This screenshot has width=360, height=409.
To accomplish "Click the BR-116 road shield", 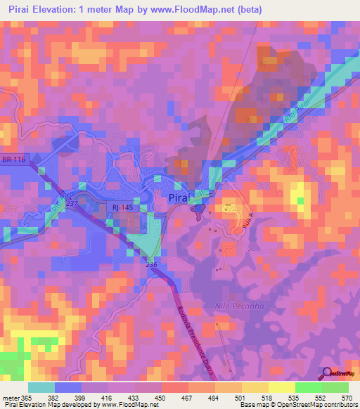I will point(13,161).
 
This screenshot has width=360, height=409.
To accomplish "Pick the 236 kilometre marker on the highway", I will point(151,265).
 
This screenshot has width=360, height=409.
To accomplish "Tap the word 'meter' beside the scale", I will point(10,398).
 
